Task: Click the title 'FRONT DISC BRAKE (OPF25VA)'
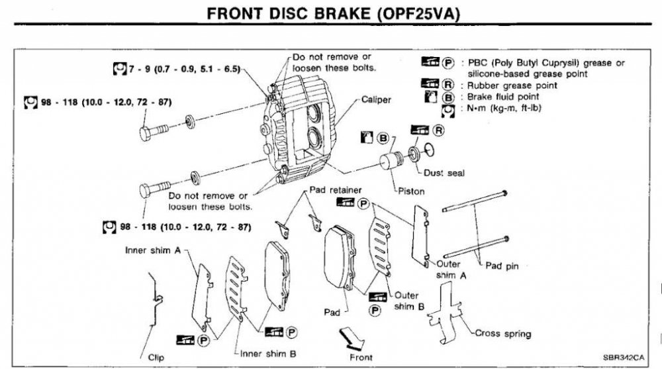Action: click(330, 14)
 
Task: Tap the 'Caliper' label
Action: click(376, 100)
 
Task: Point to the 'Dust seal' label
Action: click(444, 173)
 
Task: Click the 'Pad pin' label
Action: click(501, 266)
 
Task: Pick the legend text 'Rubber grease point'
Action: click(512, 85)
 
